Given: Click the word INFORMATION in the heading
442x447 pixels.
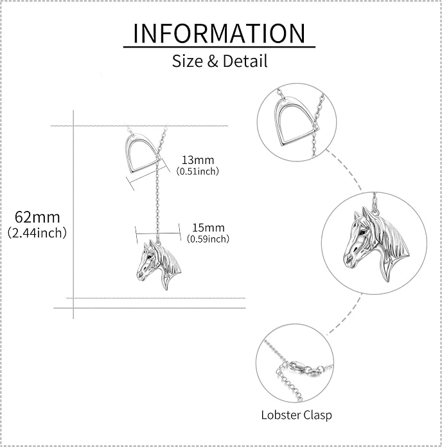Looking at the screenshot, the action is tap(219, 33).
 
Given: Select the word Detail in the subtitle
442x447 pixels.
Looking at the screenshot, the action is tap(245, 60).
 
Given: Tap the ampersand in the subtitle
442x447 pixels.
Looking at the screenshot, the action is tap(213, 61).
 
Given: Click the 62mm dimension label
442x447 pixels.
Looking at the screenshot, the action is tap(37, 217).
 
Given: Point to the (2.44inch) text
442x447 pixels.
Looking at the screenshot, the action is tap(37, 233).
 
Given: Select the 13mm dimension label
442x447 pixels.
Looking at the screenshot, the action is tap(198, 160).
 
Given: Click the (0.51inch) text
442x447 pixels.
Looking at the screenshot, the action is tap(198, 171).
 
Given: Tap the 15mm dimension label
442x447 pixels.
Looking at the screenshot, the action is tap(208, 228).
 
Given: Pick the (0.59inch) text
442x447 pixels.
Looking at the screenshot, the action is tap(208, 239).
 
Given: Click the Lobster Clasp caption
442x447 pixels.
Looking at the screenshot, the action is tap(296, 415).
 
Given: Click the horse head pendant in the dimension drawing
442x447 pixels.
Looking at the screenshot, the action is tap(159, 265).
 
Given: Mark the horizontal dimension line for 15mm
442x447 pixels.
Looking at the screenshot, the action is tap(158, 233).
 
